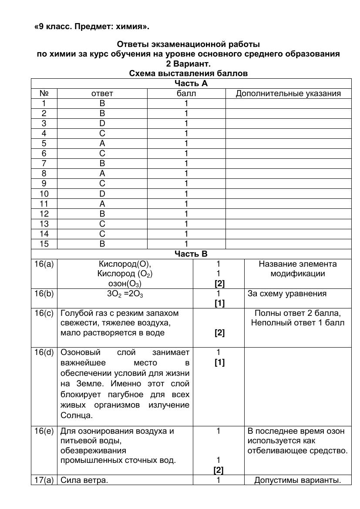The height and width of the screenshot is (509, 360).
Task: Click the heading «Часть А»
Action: pos(191,84)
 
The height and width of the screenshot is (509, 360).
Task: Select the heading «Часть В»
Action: pos(191,254)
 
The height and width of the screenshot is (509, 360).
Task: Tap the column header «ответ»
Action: pos(102,94)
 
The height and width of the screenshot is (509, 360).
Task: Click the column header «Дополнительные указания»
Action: pos(288,94)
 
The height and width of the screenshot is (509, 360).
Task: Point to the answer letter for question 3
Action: pos(102,124)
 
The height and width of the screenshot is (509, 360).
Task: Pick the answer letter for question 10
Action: pos(102,194)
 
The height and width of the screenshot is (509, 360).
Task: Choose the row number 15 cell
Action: pos(44,244)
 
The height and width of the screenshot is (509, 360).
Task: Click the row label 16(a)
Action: pos(44,264)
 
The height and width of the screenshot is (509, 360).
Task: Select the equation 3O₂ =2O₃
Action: pos(125,294)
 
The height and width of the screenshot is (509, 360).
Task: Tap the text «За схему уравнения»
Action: pos(287,294)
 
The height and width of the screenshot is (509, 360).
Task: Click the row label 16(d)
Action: pos(44,352)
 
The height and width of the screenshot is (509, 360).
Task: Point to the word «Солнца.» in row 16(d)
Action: pos(77,415)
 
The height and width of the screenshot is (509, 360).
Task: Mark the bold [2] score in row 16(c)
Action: pos(219,333)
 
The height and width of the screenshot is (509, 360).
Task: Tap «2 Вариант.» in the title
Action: pos(188,64)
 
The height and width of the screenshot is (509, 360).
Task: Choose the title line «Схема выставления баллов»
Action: pos(188,74)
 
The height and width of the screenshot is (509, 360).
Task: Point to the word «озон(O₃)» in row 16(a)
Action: pos(125,284)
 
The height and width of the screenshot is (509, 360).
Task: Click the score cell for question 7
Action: pos(186,164)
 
